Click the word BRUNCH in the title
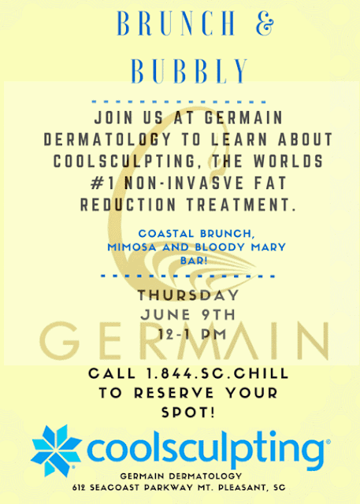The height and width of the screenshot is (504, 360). point(176,24)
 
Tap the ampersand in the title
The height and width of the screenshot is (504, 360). point(265,24)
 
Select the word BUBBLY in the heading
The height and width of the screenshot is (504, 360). point(189,71)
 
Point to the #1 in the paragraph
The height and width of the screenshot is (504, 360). point(102,183)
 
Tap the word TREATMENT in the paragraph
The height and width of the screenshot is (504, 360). point(241,205)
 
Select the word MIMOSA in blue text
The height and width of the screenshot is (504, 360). point(132,247)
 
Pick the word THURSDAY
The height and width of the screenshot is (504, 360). point(188,295)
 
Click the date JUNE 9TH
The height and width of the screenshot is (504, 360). point(188,315)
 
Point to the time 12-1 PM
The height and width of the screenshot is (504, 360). point(192,334)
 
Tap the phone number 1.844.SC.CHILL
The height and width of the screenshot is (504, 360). point(217,374)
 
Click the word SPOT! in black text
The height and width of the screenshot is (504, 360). point(188,413)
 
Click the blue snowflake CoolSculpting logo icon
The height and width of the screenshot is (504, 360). point(55,450)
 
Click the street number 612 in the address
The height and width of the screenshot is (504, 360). point(79,487)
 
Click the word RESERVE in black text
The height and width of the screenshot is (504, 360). point(174,393)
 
